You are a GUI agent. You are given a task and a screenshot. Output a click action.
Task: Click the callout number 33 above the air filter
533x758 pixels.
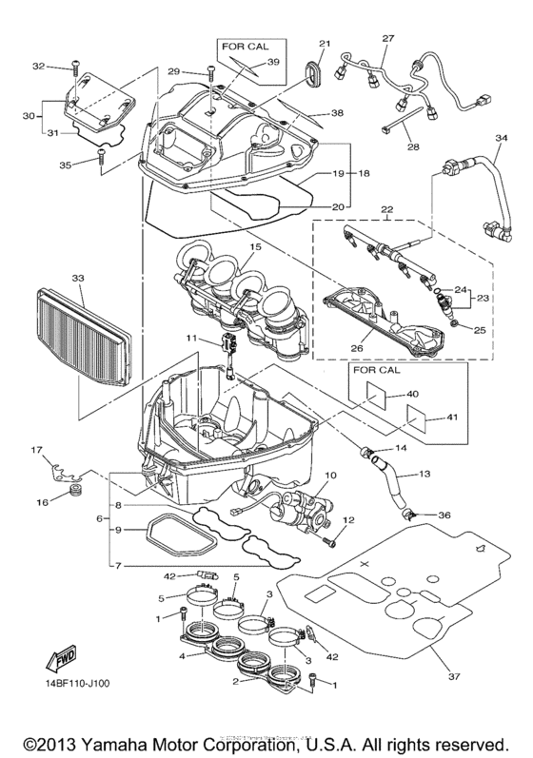point(78,278)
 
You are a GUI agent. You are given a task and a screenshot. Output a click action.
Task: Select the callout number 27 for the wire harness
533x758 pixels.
point(387,39)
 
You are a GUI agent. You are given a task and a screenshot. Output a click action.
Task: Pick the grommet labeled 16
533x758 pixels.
point(76,494)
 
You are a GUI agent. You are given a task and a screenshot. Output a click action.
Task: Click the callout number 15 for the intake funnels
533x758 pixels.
point(254,247)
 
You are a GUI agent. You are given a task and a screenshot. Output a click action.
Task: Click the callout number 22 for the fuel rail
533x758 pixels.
point(385,209)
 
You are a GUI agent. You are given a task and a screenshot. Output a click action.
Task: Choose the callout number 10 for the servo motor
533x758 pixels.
point(331,475)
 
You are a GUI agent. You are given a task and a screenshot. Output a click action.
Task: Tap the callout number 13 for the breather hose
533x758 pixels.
point(425,472)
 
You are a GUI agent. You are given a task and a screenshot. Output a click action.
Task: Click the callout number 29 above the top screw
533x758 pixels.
point(173,71)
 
